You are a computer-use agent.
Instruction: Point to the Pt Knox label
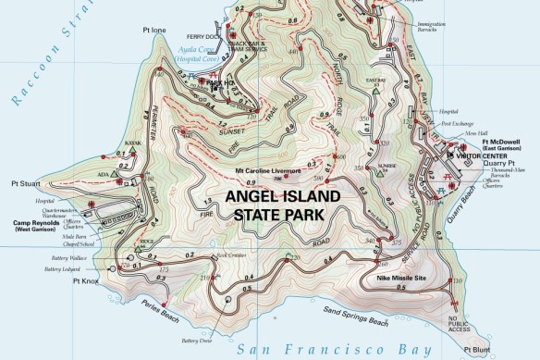coord(86,280)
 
